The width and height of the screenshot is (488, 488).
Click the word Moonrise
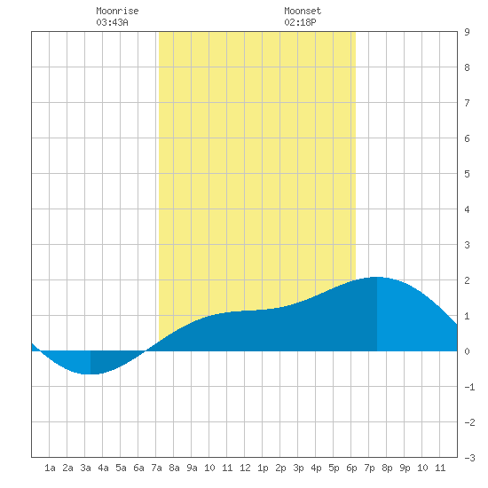pos(117,11)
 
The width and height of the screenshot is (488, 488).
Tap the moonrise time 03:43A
pos(112,22)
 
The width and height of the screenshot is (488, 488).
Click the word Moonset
pos(303,11)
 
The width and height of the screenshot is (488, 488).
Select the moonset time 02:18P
pos(300,22)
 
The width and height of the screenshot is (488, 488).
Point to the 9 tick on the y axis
pos(467,32)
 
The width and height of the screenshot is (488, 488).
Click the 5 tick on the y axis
pos(467,174)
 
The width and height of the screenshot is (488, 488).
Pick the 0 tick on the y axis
pos(467,351)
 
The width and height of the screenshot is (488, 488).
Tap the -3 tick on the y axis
pos(469,458)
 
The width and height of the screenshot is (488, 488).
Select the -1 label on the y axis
pos(469,387)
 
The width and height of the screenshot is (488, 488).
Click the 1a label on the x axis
pos(50,468)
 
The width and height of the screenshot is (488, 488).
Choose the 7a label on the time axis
pos(156,468)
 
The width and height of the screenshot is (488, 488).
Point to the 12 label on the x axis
pos(245,468)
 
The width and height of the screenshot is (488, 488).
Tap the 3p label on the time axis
pos(298,468)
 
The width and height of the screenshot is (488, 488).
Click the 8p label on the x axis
pos(387,468)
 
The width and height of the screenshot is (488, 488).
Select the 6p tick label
pos(351,468)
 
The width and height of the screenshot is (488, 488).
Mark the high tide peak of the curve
pos(377,277)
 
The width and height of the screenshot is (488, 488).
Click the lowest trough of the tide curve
pos(91,374)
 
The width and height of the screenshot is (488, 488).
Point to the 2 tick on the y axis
pos(467,280)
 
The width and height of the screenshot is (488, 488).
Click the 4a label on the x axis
pos(103,468)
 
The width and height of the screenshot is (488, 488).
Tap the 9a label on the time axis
pos(192,468)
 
